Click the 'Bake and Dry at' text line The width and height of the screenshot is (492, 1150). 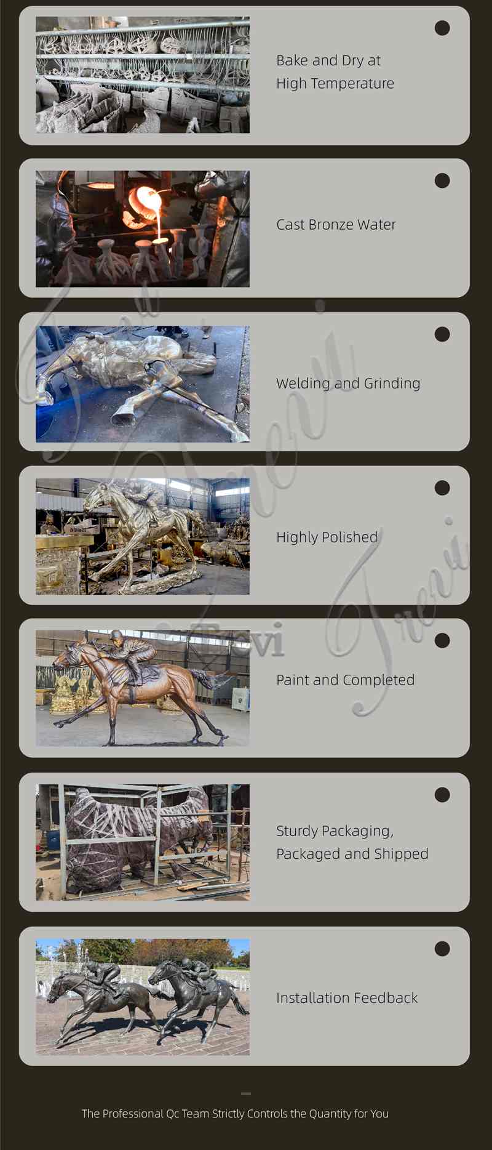(328, 60)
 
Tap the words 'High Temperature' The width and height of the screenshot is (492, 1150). (335, 83)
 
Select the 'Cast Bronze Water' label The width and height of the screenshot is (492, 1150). (336, 225)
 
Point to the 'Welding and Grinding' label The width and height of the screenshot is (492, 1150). (348, 384)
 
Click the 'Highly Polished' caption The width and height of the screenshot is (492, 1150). (327, 537)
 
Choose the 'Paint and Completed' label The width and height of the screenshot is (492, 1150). (345, 680)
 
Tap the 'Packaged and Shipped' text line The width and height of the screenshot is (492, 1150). (352, 854)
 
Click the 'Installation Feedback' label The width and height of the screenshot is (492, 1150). (347, 998)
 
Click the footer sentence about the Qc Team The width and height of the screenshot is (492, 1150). (235, 1114)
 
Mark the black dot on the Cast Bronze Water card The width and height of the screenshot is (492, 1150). (442, 180)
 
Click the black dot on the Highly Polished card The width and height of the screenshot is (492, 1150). (442, 488)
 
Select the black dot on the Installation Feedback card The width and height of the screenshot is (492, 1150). (442, 949)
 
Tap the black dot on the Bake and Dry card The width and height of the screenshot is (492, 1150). (442, 28)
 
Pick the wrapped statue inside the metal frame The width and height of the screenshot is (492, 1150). (138, 837)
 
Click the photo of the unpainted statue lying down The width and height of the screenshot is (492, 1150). (143, 384)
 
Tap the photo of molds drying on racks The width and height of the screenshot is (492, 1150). (143, 75)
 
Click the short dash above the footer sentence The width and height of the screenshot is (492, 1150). (246, 1093)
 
